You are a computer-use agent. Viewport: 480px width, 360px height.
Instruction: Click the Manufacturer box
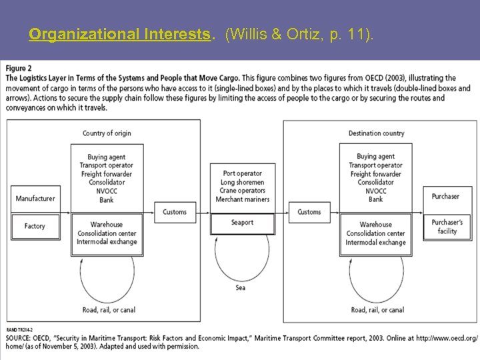[35, 199]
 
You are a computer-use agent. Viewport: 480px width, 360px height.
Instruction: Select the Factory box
[35, 226]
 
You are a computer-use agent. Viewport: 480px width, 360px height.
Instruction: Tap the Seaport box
[243, 223]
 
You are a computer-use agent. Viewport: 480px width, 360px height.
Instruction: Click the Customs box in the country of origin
[175, 212]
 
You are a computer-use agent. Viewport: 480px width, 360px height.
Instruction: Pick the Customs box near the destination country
[309, 212]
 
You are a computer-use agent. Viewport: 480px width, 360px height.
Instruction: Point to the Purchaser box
[445, 197]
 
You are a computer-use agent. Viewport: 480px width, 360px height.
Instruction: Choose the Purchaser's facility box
[447, 227]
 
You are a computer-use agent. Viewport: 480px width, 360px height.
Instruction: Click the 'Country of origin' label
[107, 133]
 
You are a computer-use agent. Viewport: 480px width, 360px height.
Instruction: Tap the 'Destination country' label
[376, 133]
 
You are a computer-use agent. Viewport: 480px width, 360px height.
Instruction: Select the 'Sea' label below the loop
[241, 288]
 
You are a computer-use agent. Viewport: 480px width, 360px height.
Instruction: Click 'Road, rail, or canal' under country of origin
[108, 309]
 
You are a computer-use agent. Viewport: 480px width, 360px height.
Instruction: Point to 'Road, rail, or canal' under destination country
[377, 309]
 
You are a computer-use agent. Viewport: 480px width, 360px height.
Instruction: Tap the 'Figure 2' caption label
[19, 69]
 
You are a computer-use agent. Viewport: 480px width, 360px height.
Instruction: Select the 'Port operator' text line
[243, 173]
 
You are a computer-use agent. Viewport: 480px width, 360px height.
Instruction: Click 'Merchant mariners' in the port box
[243, 199]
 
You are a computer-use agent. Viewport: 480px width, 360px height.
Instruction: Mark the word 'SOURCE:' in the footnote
[21, 338]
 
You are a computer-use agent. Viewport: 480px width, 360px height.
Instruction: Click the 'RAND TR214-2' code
[19, 329]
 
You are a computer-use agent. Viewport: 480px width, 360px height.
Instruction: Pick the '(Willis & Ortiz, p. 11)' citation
[300, 34]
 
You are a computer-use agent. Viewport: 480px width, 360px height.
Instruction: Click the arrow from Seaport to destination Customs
[281, 212]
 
